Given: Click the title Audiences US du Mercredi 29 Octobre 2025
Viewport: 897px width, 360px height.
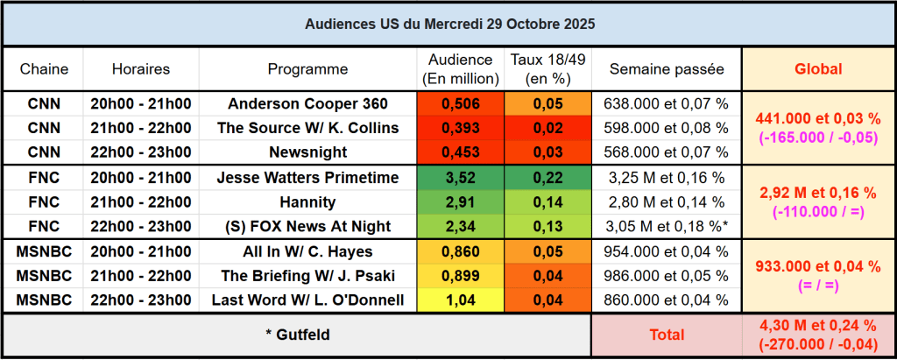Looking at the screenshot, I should tap(448, 24).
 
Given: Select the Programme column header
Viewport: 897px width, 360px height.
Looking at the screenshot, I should tap(307, 69).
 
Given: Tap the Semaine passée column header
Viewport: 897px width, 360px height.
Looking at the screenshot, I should tap(667, 69).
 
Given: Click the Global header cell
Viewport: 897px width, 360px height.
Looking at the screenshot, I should tap(818, 69).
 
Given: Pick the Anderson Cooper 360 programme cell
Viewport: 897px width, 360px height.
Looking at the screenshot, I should tap(307, 103).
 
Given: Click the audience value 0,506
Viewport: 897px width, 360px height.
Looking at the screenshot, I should tap(461, 103).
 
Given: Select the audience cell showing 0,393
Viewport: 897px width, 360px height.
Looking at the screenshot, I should tap(461, 128).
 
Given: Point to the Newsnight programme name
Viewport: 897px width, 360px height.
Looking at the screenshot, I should tap(307, 152).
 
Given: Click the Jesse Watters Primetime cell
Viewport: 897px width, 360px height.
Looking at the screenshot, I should tap(307, 178).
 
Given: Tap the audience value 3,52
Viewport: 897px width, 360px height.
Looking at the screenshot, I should tap(461, 178).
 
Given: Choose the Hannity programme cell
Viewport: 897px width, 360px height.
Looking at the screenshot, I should tap(307, 202).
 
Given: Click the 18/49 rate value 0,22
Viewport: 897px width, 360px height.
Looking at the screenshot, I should tap(548, 178).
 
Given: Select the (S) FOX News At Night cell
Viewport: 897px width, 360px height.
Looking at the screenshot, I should tap(307, 227).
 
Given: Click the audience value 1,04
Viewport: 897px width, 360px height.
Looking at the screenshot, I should tap(461, 300).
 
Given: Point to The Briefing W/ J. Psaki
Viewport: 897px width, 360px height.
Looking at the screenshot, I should tap(307, 276).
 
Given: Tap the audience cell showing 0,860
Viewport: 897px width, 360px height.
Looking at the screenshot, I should tap(461, 251).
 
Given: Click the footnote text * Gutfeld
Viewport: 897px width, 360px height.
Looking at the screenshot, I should tap(297, 335).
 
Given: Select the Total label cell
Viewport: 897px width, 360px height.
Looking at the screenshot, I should tap(667, 335).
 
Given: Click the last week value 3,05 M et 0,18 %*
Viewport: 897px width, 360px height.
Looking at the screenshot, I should tap(667, 227).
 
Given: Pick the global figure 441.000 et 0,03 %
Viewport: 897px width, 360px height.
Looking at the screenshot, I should tap(818, 118).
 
